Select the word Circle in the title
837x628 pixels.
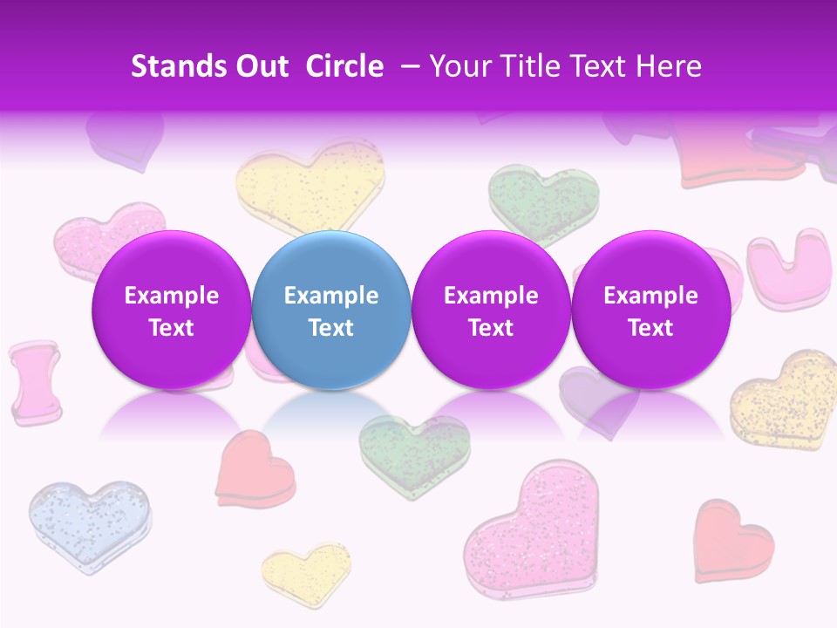(344, 67)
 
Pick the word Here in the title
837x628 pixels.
(669, 67)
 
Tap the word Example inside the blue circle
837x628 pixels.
(331, 296)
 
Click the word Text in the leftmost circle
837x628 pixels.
(172, 328)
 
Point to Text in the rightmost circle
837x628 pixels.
(651, 328)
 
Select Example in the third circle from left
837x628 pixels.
(491, 296)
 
